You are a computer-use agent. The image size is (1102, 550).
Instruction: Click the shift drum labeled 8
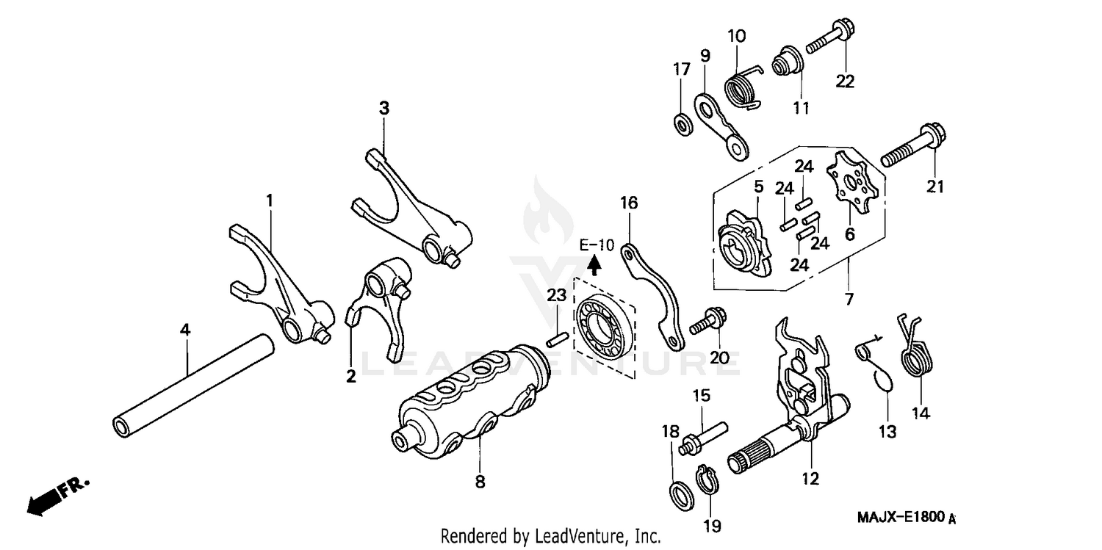click(x=470, y=400)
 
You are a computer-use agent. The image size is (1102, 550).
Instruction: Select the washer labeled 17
click(x=683, y=123)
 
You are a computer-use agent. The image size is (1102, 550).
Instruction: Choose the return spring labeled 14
click(x=913, y=352)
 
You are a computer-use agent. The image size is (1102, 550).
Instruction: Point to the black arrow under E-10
click(x=595, y=264)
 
